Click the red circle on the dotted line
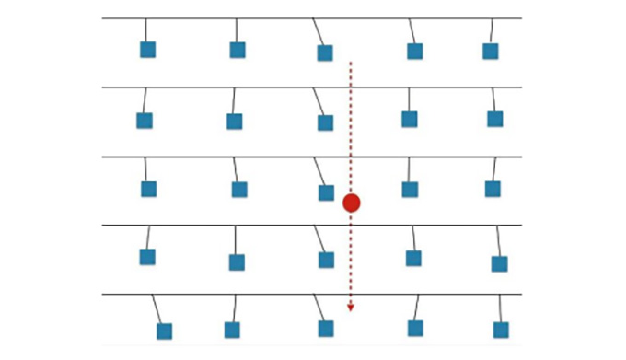(351, 203)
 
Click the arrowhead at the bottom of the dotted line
(350, 308)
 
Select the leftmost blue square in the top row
(147, 50)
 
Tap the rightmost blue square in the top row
(491, 51)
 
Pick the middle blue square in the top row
(325, 52)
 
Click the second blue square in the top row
(238, 50)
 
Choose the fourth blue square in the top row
(415, 51)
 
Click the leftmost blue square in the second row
(145, 121)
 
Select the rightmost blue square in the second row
(495, 119)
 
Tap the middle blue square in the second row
(325, 122)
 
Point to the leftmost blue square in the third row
(148, 189)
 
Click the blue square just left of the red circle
(326, 192)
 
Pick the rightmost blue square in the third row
(493, 189)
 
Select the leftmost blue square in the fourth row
(147, 257)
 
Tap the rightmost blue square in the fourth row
(499, 263)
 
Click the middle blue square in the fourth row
(326, 260)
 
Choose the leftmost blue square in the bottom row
(164, 331)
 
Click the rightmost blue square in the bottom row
(501, 330)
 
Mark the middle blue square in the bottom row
(326, 328)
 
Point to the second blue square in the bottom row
(232, 330)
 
